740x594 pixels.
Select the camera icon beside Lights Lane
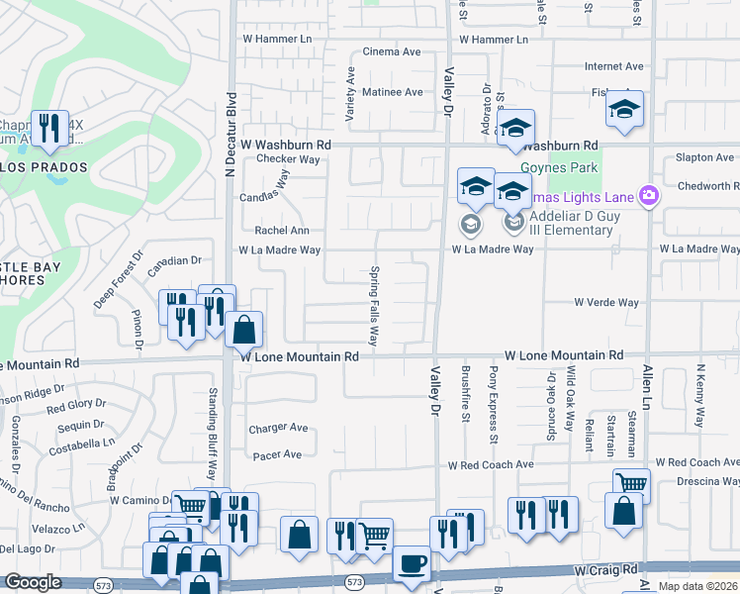[648, 195]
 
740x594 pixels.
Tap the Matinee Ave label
[390, 92]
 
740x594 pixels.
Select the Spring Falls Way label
[375, 305]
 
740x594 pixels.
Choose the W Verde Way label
[606, 302]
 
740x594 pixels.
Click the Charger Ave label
[278, 429]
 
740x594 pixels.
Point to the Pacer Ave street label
[278, 454]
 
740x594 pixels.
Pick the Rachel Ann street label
[282, 231]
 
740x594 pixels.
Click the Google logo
[33, 582]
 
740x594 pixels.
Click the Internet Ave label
[613, 67]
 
